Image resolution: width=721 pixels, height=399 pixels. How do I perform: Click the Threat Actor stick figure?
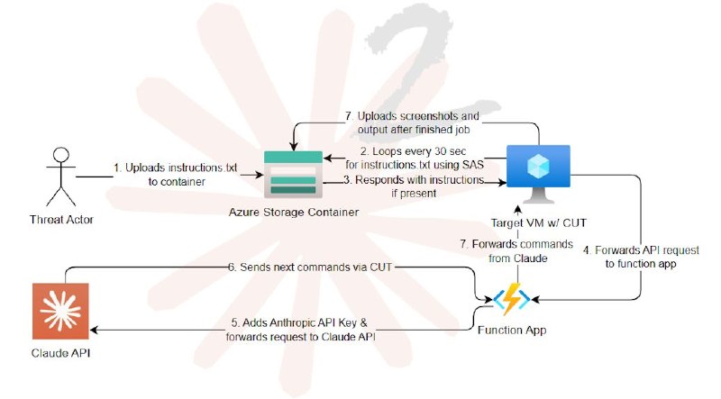tap(61, 177)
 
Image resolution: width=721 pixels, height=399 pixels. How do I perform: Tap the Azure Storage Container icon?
tap(294, 174)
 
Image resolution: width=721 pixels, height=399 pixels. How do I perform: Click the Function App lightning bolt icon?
tap(512, 299)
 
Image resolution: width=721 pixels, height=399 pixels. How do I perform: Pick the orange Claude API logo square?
tap(60, 312)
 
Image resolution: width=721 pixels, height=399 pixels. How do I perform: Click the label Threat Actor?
tap(61, 220)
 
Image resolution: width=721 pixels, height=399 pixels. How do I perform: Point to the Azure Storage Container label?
tap(294, 213)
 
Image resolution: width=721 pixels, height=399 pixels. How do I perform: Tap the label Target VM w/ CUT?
tap(538, 223)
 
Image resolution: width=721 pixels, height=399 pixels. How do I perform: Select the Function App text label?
tap(512, 330)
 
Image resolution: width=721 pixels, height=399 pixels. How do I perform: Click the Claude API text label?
tap(60, 353)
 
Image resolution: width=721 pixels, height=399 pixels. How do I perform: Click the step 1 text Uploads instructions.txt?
tap(177, 168)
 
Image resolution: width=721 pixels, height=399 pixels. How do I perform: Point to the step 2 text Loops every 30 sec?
tap(413, 151)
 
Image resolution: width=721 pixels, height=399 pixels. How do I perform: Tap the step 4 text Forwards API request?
tap(641, 250)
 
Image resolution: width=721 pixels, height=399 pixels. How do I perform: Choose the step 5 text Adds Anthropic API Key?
tap(299, 322)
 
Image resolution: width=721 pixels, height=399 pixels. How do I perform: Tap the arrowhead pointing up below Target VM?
tap(518, 211)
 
